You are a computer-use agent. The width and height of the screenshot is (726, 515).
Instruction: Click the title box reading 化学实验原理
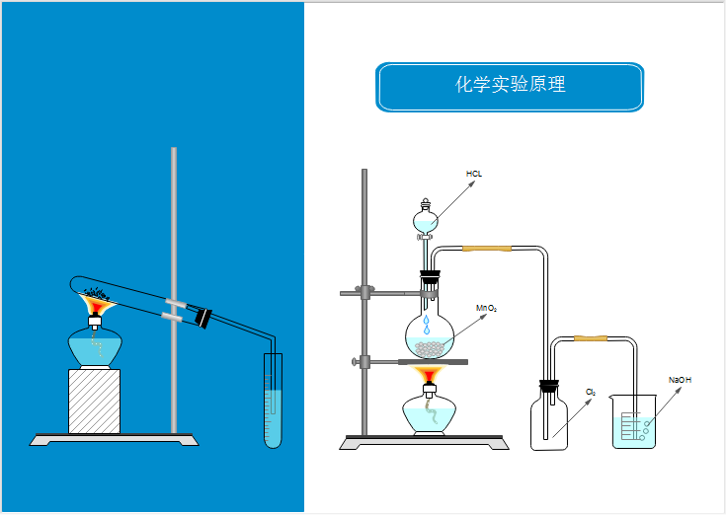510,87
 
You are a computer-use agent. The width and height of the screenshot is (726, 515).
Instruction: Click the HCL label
474,174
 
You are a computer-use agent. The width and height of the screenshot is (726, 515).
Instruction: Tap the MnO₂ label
486,308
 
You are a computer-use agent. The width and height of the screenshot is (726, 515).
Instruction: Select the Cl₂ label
591,392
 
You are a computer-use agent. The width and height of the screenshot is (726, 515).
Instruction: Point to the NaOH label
680,380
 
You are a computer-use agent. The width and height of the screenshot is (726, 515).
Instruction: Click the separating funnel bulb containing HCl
426,221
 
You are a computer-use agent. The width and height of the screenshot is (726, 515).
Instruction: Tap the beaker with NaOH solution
634,421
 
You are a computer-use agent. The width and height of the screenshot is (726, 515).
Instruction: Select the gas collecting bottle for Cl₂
549,420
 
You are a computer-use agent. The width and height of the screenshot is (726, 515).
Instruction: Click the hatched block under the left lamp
95,402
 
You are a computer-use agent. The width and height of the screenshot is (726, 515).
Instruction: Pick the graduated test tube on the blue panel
273,401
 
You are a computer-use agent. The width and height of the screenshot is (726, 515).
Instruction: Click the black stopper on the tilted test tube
203,318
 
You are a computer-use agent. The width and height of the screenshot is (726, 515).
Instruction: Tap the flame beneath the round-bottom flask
429,374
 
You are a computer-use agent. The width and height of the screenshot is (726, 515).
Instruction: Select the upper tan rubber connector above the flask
487,249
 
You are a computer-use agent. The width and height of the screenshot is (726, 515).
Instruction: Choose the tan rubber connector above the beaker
591,338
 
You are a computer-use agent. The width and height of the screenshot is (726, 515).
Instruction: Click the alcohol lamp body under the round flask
430,412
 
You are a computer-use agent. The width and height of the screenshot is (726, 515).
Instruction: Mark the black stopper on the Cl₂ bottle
549,386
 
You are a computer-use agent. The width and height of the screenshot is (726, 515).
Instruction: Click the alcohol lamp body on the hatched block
95,346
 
